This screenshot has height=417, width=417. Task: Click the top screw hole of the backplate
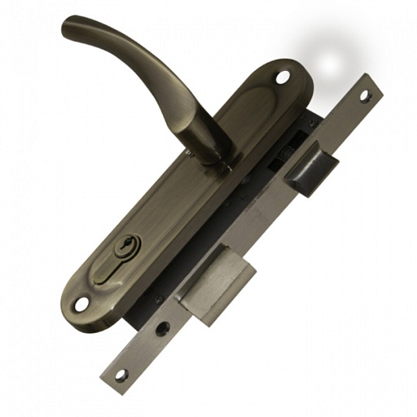(283, 80)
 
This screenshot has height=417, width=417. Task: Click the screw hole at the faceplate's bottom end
(121, 375)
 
